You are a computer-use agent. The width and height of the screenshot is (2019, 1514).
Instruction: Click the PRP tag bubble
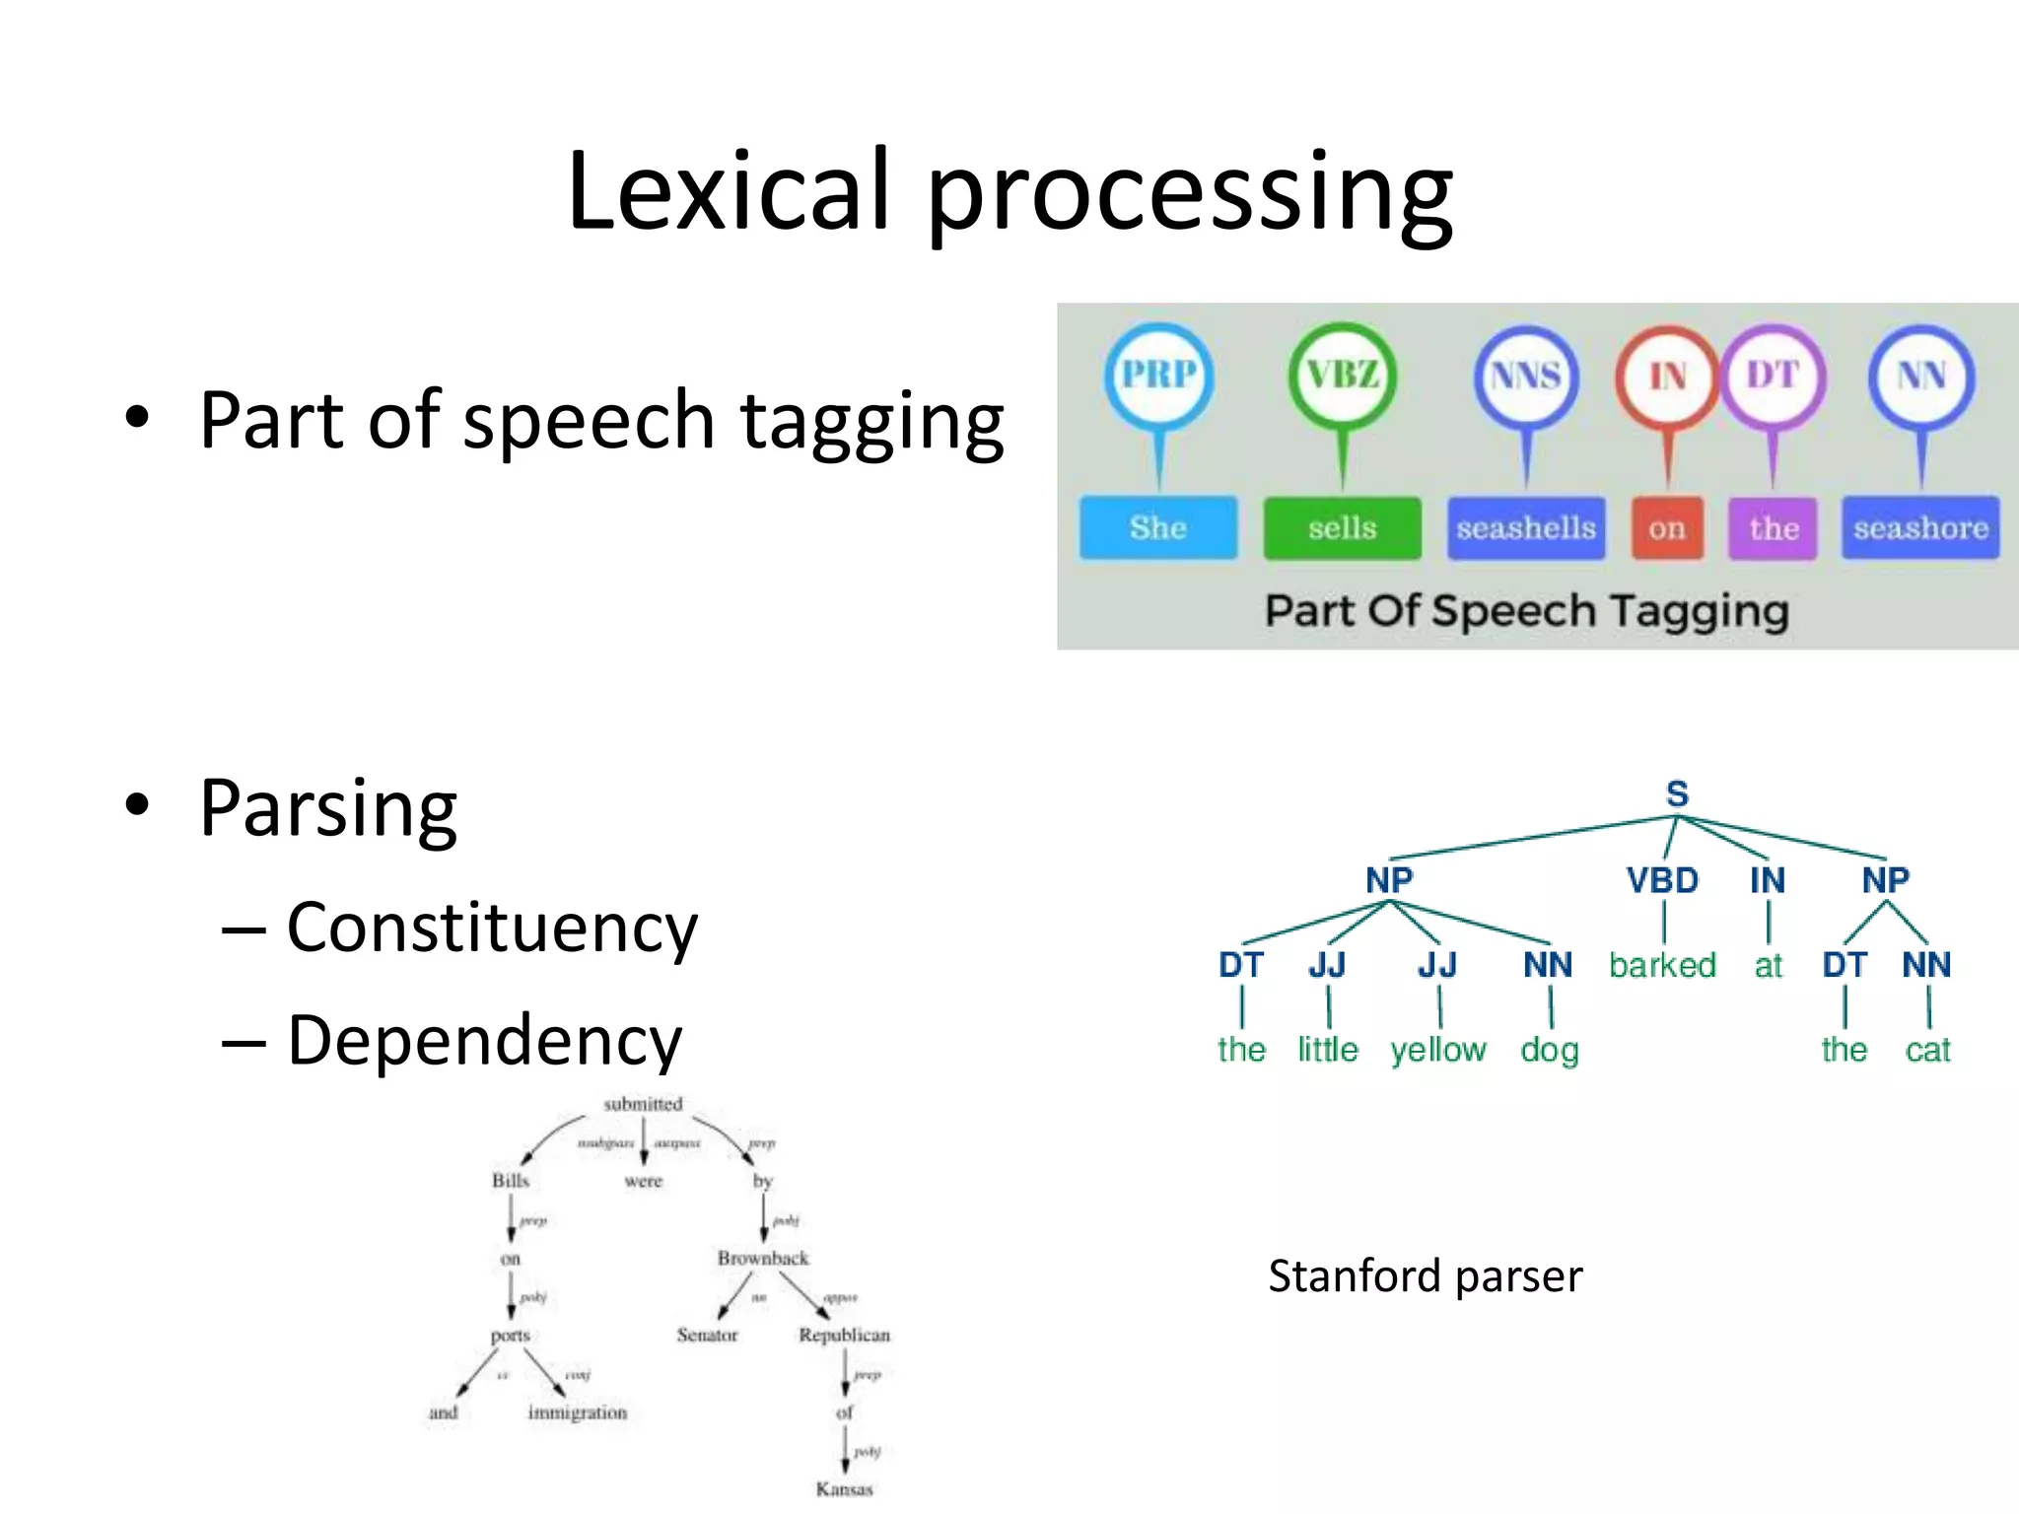coord(1158,376)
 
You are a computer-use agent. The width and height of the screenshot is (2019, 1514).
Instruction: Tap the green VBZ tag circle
coord(1342,376)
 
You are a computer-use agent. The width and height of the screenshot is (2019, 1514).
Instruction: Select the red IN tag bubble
coord(1667,377)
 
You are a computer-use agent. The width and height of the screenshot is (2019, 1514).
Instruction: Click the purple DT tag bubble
coord(1773,376)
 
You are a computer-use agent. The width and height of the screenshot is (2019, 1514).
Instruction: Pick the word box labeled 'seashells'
coord(1526,528)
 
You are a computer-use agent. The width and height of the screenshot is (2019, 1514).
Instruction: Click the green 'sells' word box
coord(1342,528)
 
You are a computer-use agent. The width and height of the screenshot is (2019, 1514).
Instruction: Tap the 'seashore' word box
coord(1920,528)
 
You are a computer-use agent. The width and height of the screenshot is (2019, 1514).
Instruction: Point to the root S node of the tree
coord(1677,794)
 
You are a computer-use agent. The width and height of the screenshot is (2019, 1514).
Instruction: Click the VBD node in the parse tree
coord(1662,880)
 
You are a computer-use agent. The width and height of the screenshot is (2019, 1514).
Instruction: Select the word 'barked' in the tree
coord(1662,965)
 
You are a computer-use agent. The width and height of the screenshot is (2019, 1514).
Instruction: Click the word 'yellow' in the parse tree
coord(1438,1051)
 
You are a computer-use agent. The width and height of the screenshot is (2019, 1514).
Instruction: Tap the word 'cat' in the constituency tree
coord(1927,1051)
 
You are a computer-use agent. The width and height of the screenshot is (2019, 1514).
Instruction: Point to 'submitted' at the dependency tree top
coord(643,1104)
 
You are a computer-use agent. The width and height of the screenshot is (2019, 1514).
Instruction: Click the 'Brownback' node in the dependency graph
coord(763,1259)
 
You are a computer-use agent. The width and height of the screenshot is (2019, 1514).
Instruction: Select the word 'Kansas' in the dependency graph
coord(845,1488)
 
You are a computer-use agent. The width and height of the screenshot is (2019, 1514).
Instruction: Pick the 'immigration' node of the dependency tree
coord(578,1412)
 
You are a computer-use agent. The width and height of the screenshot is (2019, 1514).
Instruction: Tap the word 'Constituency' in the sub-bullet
coord(492,929)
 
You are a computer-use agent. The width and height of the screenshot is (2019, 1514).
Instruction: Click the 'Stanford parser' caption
coord(1425,1276)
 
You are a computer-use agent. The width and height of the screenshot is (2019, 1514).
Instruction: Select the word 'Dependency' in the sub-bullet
coord(484,1041)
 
